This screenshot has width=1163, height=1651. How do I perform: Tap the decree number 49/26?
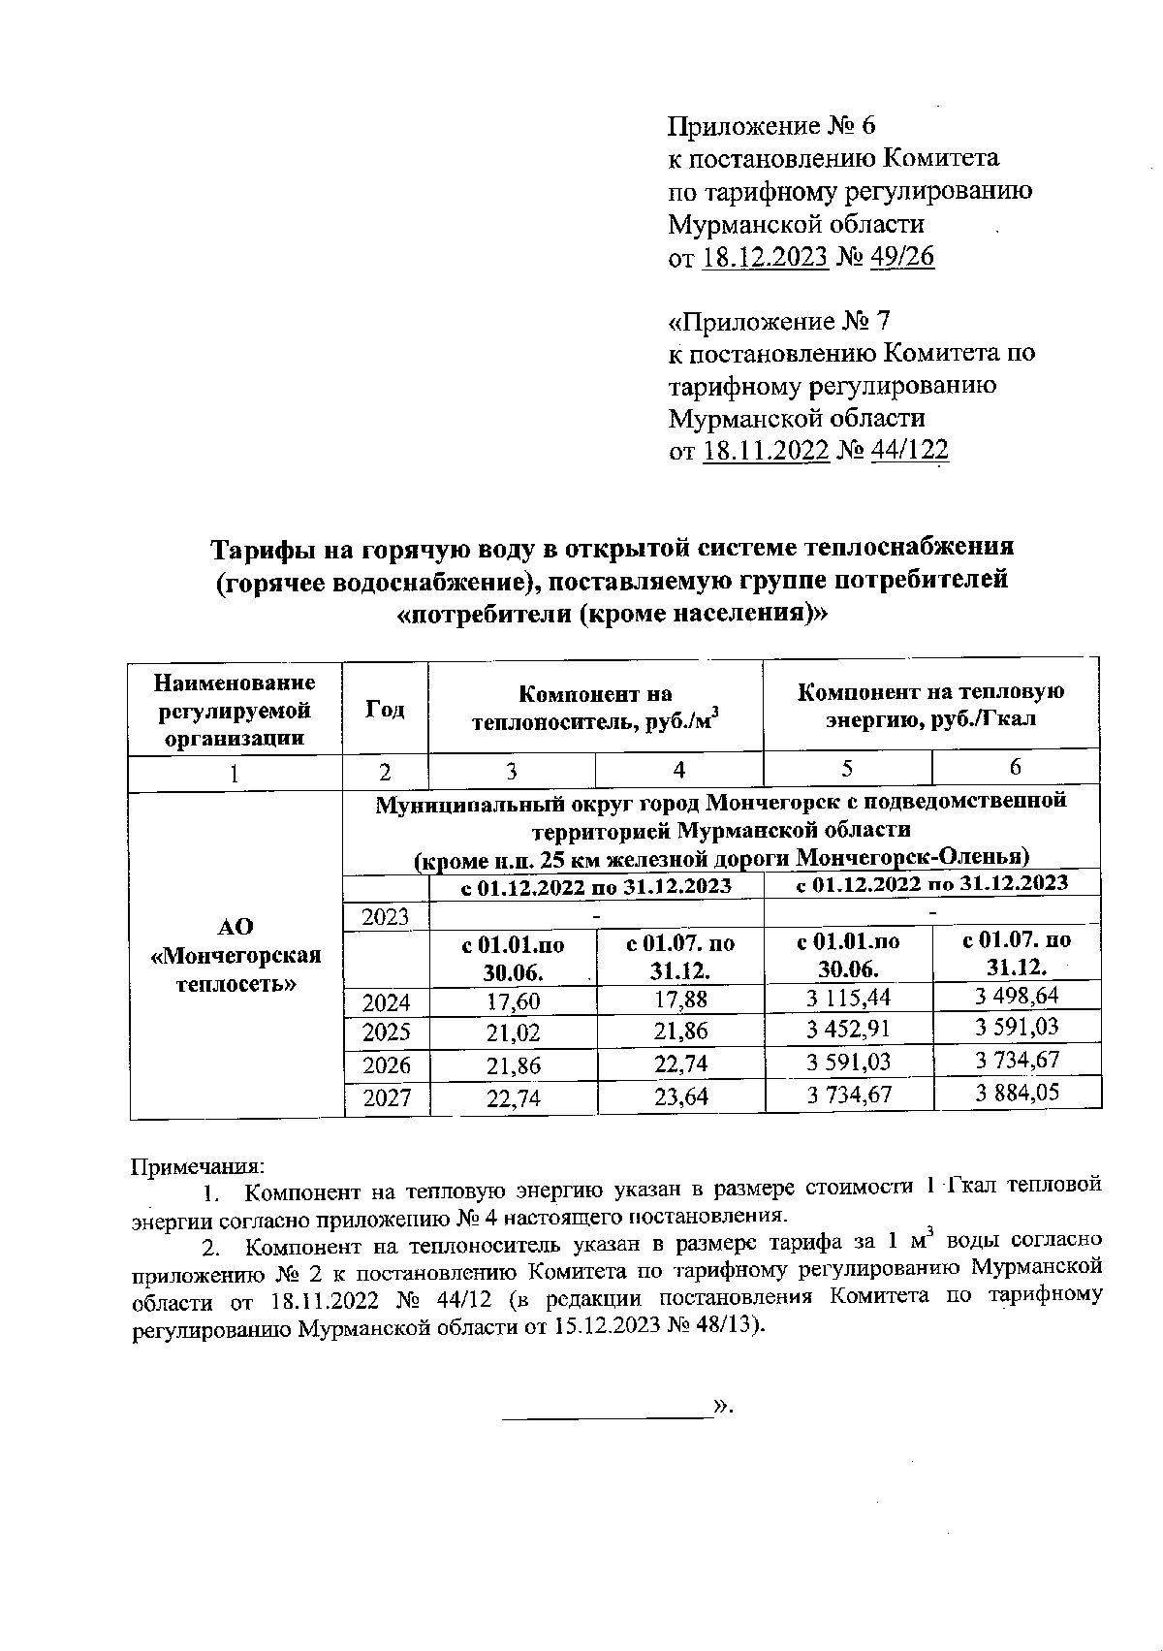[x=902, y=257]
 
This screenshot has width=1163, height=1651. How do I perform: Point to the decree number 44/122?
[x=910, y=451]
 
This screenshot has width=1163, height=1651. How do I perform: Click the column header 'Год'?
[x=385, y=709]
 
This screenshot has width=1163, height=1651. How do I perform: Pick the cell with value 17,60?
[x=514, y=1001]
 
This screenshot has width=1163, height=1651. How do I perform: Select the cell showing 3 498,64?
[x=1017, y=996]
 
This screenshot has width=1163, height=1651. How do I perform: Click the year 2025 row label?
[x=387, y=1032]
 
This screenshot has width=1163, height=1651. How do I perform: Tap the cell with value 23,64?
[x=680, y=1096]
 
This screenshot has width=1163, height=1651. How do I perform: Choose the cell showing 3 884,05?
[x=1017, y=1093]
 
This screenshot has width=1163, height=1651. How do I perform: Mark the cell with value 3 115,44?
[x=848, y=998]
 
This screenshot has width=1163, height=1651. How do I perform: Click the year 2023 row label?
[x=386, y=916]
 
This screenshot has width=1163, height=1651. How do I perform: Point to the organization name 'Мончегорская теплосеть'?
[x=236, y=956]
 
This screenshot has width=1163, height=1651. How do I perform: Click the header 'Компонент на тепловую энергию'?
[x=930, y=705]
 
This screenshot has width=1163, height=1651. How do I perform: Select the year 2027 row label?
[x=387, y=1097]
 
